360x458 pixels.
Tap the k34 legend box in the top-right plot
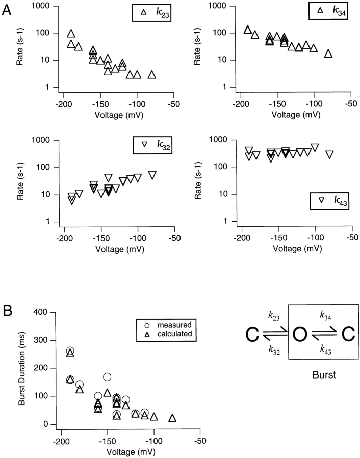333,11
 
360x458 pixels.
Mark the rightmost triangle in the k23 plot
152,75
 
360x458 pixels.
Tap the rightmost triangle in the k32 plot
152,175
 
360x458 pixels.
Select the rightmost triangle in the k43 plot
329,154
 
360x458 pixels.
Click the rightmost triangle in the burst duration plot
172,418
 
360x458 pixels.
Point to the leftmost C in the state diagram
252,336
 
